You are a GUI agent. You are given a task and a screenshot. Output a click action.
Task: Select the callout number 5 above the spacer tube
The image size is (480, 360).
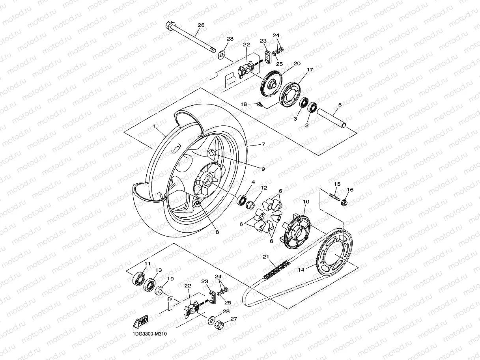[x=339, y=105]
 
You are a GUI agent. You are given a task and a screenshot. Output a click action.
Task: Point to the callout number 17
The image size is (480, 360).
[x=310, y=70]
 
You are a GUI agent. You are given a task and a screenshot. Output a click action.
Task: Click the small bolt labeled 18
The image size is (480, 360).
[x=259, y=104]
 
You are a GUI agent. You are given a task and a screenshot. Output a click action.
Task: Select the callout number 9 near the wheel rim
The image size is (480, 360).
[x=263, y=169]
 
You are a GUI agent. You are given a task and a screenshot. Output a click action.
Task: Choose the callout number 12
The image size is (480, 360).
[x=264, y=188]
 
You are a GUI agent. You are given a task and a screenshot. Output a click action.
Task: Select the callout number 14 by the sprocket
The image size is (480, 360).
[x=301, y=270]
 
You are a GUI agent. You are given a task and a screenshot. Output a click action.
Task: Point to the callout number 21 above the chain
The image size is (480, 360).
[x=266, y=257]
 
